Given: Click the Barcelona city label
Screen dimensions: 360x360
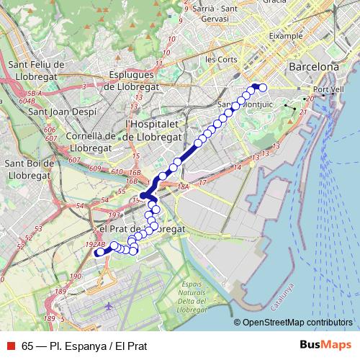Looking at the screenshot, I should point(313,66).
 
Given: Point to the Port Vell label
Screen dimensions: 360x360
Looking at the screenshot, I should point(329,90).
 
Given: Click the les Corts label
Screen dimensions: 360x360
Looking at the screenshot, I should point(221,58).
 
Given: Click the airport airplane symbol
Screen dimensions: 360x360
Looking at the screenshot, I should point(109,306).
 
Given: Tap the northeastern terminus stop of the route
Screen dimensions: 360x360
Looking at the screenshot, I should point(262,88).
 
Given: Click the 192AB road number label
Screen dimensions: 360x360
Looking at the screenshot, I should point(95,245).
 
